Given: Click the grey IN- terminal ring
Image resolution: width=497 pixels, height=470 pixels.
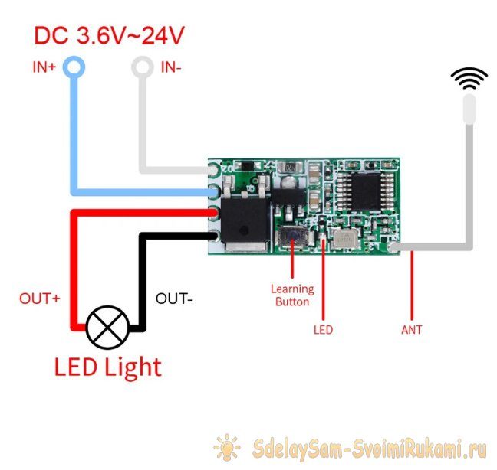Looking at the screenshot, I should [x=141, y=68].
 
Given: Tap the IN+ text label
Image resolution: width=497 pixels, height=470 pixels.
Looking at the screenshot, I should [x=44, y=67].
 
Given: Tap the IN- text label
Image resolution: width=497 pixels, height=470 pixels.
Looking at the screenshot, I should [x=171, y=67].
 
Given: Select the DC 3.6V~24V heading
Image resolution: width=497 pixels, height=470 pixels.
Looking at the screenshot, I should [x=110, y=35].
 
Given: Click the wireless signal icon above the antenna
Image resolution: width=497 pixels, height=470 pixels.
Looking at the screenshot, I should [x=469, y=79].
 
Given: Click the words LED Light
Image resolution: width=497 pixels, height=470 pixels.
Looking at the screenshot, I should [x=108, y=367].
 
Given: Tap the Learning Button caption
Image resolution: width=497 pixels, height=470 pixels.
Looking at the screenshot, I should [x=292, y=295].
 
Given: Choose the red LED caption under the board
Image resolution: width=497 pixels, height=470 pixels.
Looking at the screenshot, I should [x=324, y=330].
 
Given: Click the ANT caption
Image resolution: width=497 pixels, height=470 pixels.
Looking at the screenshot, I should [x=412, y=330].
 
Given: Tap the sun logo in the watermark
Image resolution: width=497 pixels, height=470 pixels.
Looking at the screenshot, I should [x=228, y=447].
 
